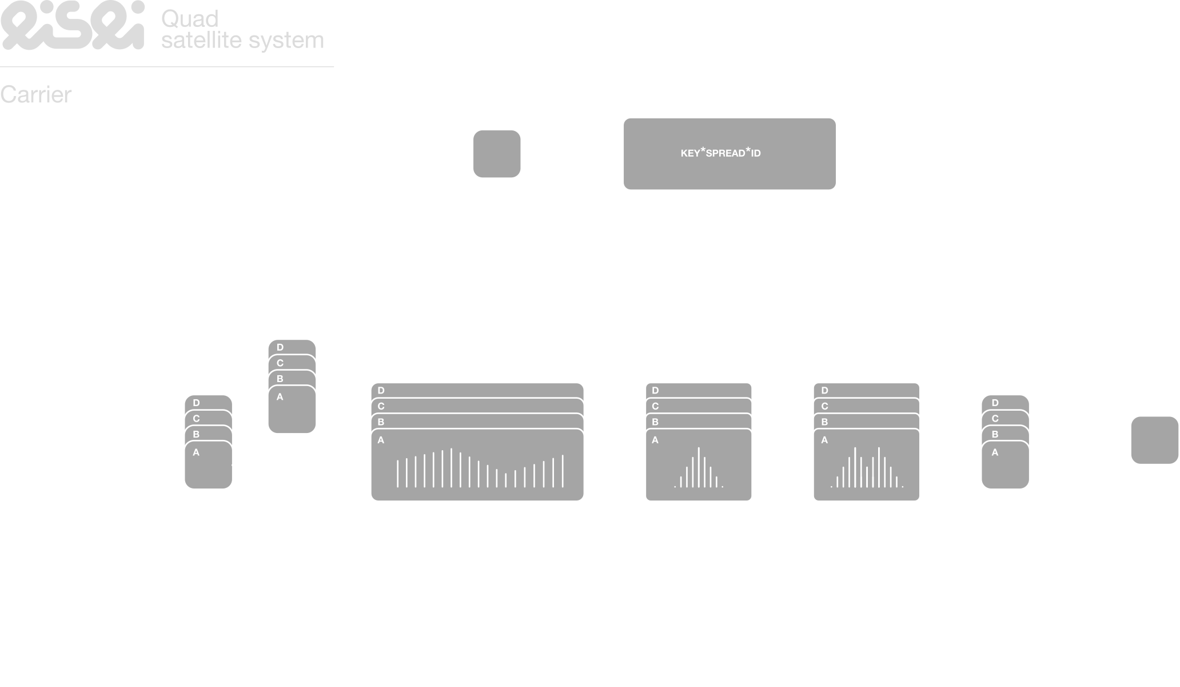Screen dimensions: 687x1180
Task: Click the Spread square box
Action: (497, 154)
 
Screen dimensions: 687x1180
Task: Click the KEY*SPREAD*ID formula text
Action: (720, 153)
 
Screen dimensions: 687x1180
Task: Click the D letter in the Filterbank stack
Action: (381, 391)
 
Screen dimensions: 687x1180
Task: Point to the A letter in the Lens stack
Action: (655, 440)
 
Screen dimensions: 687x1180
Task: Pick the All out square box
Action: (1154, 440)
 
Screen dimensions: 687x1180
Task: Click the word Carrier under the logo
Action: (36, 95)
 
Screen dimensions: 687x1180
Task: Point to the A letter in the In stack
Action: (196, 452)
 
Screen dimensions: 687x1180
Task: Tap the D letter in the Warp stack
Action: (824, 391)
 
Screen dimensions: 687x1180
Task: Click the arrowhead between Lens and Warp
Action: (810, 466)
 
